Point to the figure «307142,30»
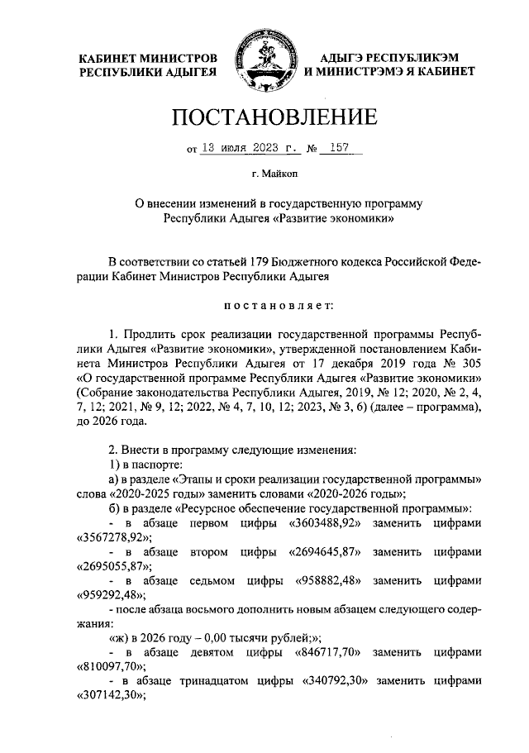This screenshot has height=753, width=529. [111, 694]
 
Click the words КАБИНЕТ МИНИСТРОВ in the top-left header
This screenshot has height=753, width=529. [149, 59]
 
